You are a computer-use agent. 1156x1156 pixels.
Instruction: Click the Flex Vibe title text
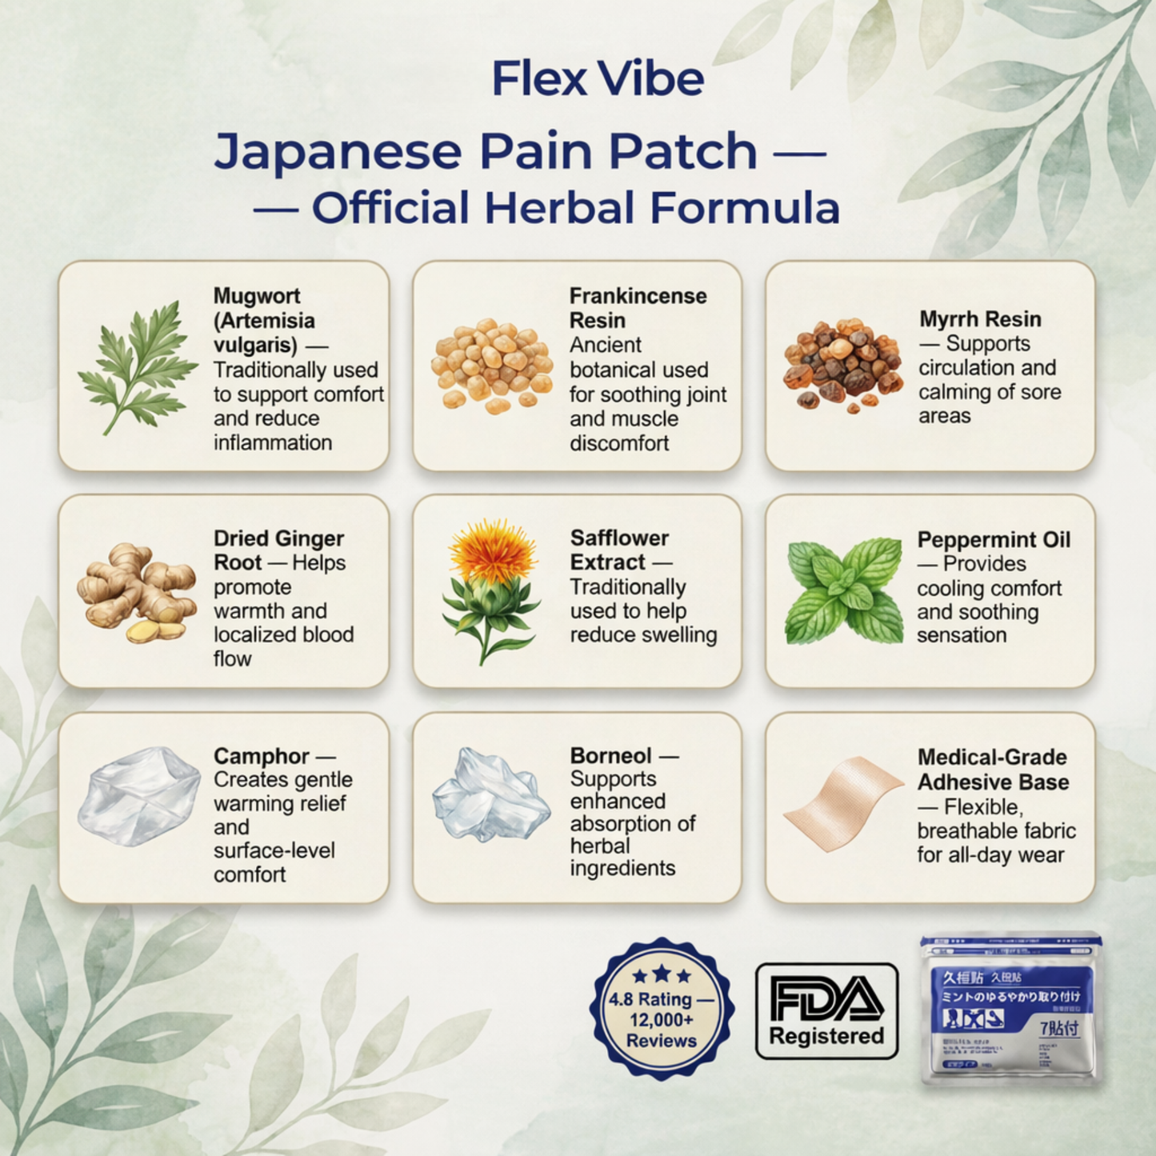[598, 78]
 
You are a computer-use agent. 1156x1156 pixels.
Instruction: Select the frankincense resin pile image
[490, 366]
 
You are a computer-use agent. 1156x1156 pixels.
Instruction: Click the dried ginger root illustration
[136, 593]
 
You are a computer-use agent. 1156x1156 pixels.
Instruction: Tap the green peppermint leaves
[844, 590]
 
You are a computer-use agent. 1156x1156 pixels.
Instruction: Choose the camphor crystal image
[138, 796]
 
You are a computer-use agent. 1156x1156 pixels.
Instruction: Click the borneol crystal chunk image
[490, 795]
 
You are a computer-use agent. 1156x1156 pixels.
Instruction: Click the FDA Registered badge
[826, 1010]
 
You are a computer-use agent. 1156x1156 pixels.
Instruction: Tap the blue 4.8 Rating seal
[661, 1007]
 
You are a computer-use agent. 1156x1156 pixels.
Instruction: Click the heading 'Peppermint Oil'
[994, 540]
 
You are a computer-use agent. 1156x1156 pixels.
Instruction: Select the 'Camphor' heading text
[261, 756]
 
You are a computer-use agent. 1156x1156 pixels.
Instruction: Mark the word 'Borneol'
[610, 756]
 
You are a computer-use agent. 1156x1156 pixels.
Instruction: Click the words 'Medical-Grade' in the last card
[992, 758]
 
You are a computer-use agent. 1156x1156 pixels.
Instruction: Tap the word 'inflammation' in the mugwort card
[272, 442]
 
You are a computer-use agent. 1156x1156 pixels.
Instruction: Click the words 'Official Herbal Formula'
[575, 208]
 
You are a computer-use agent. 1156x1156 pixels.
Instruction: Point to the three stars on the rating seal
[662, 974]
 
